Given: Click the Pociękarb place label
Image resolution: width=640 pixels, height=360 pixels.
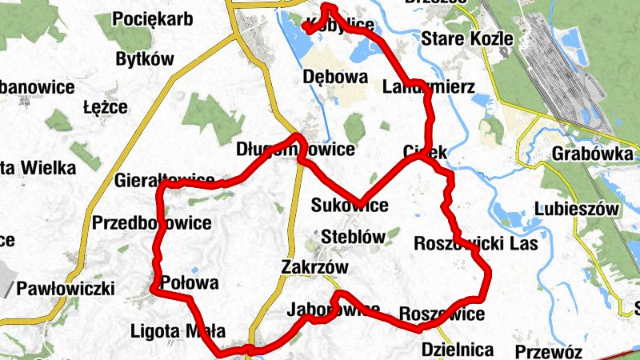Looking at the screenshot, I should pos(153,19).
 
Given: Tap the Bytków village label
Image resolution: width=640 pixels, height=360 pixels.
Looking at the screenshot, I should pos(145,58).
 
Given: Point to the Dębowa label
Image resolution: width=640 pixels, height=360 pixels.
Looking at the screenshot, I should pos(335,78).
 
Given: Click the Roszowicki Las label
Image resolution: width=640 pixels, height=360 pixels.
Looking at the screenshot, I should pos(476,243).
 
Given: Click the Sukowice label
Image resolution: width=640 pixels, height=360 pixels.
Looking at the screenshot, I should pos(350,206).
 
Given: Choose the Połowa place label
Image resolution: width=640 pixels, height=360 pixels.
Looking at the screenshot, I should pos(190,283).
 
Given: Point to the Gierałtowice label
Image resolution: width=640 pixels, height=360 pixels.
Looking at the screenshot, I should pos(165,179).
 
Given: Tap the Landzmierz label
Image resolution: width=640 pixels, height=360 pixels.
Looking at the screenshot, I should pos(428,86).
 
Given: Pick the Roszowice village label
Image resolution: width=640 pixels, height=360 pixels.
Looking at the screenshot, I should pos(441,314).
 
